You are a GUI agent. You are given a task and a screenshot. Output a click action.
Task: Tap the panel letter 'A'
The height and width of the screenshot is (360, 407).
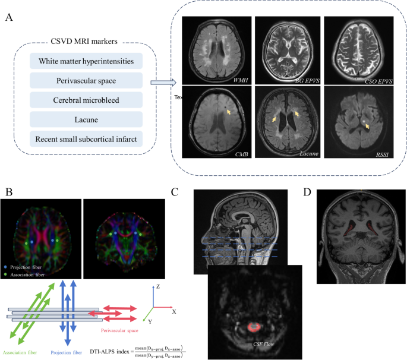pyautogui.click(x=9, y=17)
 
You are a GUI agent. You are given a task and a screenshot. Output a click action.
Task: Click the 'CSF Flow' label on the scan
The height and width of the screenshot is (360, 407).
pyautogui.click(x=259, y=343)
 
